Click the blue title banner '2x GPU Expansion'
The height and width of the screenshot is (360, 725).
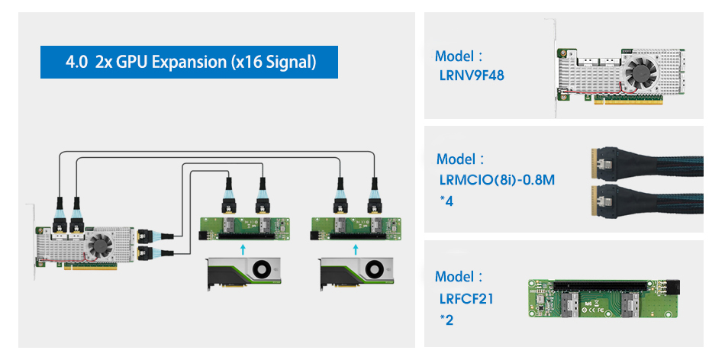(189, 62)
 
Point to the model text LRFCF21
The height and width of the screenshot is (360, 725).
(466, 298)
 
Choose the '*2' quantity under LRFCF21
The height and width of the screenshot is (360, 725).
(446, 320)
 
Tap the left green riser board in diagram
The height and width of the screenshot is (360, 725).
(242, 227)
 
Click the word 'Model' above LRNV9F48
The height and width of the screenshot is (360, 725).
(454, 56)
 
